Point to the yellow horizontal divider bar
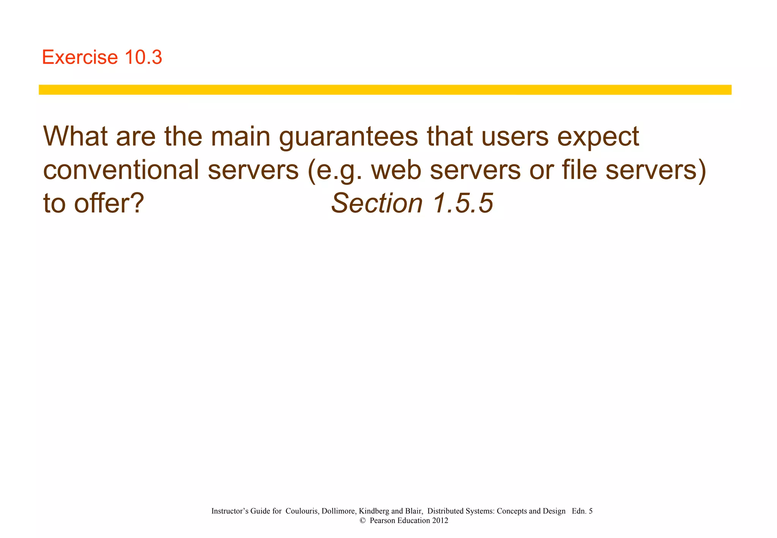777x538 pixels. point(385,90)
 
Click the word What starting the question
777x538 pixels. point(75,136)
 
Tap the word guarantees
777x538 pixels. point(348,137)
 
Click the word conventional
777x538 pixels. point(121,170)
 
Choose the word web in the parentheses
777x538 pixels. point(396,170)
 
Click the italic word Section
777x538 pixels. point(377,203)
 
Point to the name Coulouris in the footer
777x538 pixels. point(302,511)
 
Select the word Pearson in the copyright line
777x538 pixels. point(382,521)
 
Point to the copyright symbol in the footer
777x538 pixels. point(362,521)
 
